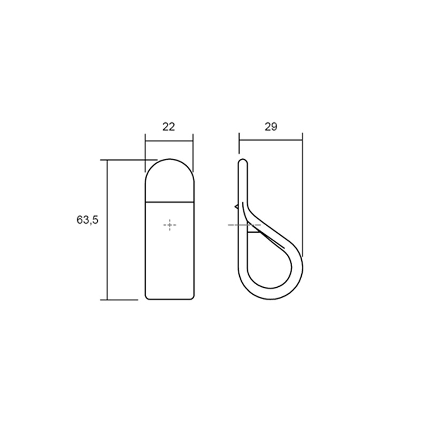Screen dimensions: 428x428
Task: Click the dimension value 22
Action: (x=169, y=127)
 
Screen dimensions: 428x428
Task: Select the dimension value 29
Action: (x=271, y=127)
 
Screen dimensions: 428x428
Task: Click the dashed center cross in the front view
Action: (x=170, y=226)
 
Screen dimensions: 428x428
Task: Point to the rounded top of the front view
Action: (x=170, y=160)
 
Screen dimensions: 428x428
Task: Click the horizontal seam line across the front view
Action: (x=170, y=202)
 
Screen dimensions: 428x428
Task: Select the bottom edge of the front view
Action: (x=170, y=300)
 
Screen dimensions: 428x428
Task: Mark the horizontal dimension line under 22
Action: (x=169, y=141)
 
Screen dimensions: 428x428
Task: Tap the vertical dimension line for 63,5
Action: (x=108, y=230)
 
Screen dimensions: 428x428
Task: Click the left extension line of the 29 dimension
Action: (x=239, y=147)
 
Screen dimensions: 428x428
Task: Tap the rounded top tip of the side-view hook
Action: (x=242, y=160)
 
